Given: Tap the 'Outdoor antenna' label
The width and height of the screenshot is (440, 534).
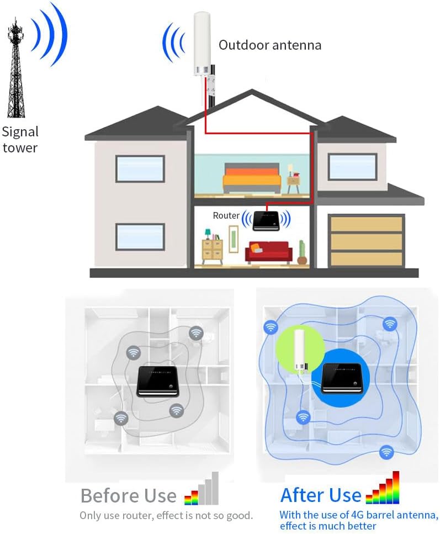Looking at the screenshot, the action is (x=269, y=45).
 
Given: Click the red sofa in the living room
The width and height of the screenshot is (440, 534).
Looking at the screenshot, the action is (x=268, y=252).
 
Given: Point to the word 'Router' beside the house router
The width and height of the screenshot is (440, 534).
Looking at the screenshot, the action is (x=226, y=215).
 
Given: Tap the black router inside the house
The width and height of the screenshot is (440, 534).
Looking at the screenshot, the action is (x=266, y=220).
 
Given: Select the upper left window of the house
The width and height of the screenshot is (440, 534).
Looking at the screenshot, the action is (x=140, y=168).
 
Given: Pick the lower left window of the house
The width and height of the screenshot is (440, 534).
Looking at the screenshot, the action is (x=140, y=236).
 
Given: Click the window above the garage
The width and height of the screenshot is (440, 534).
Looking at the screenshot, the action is (x=352, y=166).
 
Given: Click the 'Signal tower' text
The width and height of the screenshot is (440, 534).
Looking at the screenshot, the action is (x=20, y=140).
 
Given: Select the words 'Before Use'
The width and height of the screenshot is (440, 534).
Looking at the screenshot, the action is (x=128, y=495).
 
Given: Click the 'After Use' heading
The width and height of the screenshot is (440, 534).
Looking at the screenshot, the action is (x=321, y=495).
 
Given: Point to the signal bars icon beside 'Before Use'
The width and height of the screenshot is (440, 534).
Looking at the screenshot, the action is (x=202, y=490).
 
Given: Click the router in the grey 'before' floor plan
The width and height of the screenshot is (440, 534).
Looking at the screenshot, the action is (x=158, y=380).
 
